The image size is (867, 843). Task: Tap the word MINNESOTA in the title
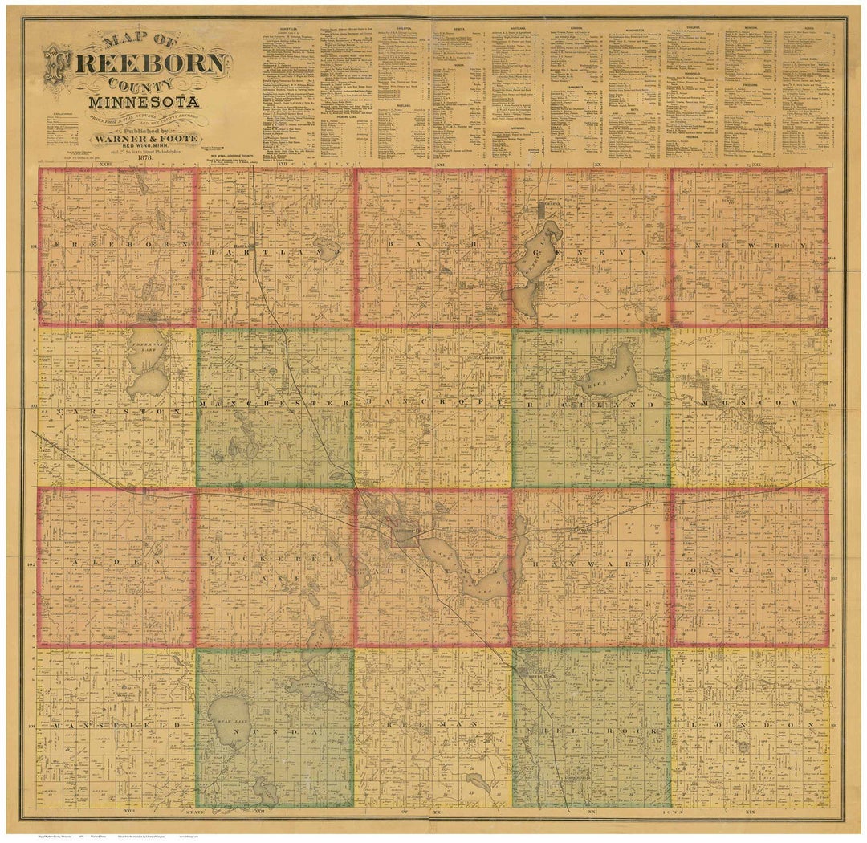(x=145, y=103)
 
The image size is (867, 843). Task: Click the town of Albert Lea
(x=401, y=535)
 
